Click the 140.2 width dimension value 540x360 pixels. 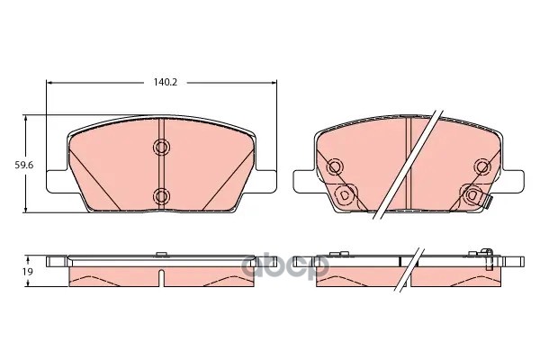[166, 82]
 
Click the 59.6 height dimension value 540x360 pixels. [23, 166]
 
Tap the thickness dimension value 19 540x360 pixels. [28, 272]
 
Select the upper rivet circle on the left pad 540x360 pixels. [161, 147]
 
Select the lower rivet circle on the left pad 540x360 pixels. [161, 196]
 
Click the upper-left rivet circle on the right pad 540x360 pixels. [335, 167]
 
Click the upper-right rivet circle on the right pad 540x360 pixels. [482, 167]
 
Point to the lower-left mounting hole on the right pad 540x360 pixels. [344, 195]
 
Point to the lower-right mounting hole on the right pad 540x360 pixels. [472, 195]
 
